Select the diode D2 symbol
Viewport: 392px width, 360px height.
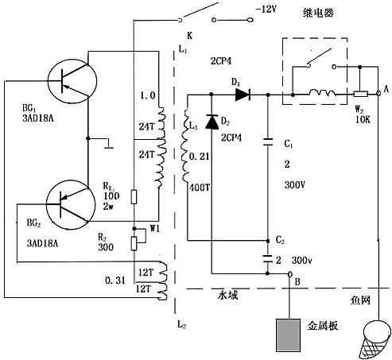[211, 121]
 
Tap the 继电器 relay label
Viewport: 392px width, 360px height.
[319, 14]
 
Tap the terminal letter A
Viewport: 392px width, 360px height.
[386, 91]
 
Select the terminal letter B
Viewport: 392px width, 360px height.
[297, 281]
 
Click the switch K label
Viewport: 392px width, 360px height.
[188, 37]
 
